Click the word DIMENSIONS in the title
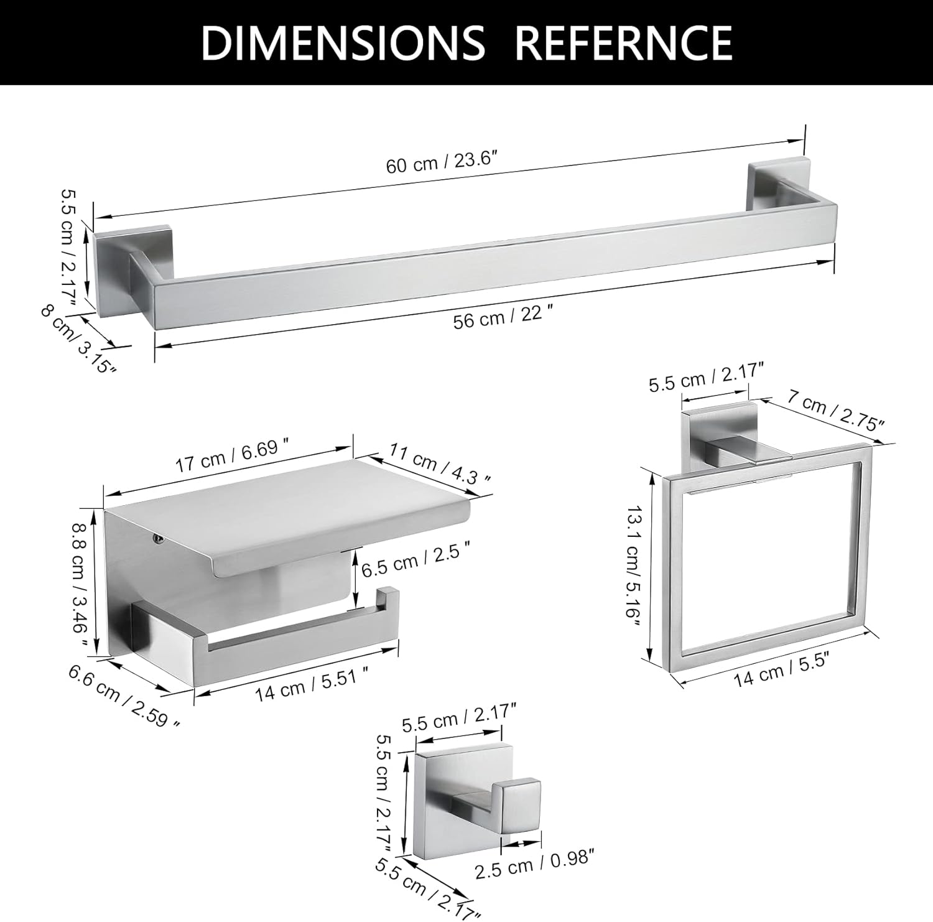(x=343, y=42)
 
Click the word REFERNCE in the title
(x=623, y=42)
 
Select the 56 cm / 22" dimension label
(x=503, y=319)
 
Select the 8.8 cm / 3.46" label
(x=81, y=577)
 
